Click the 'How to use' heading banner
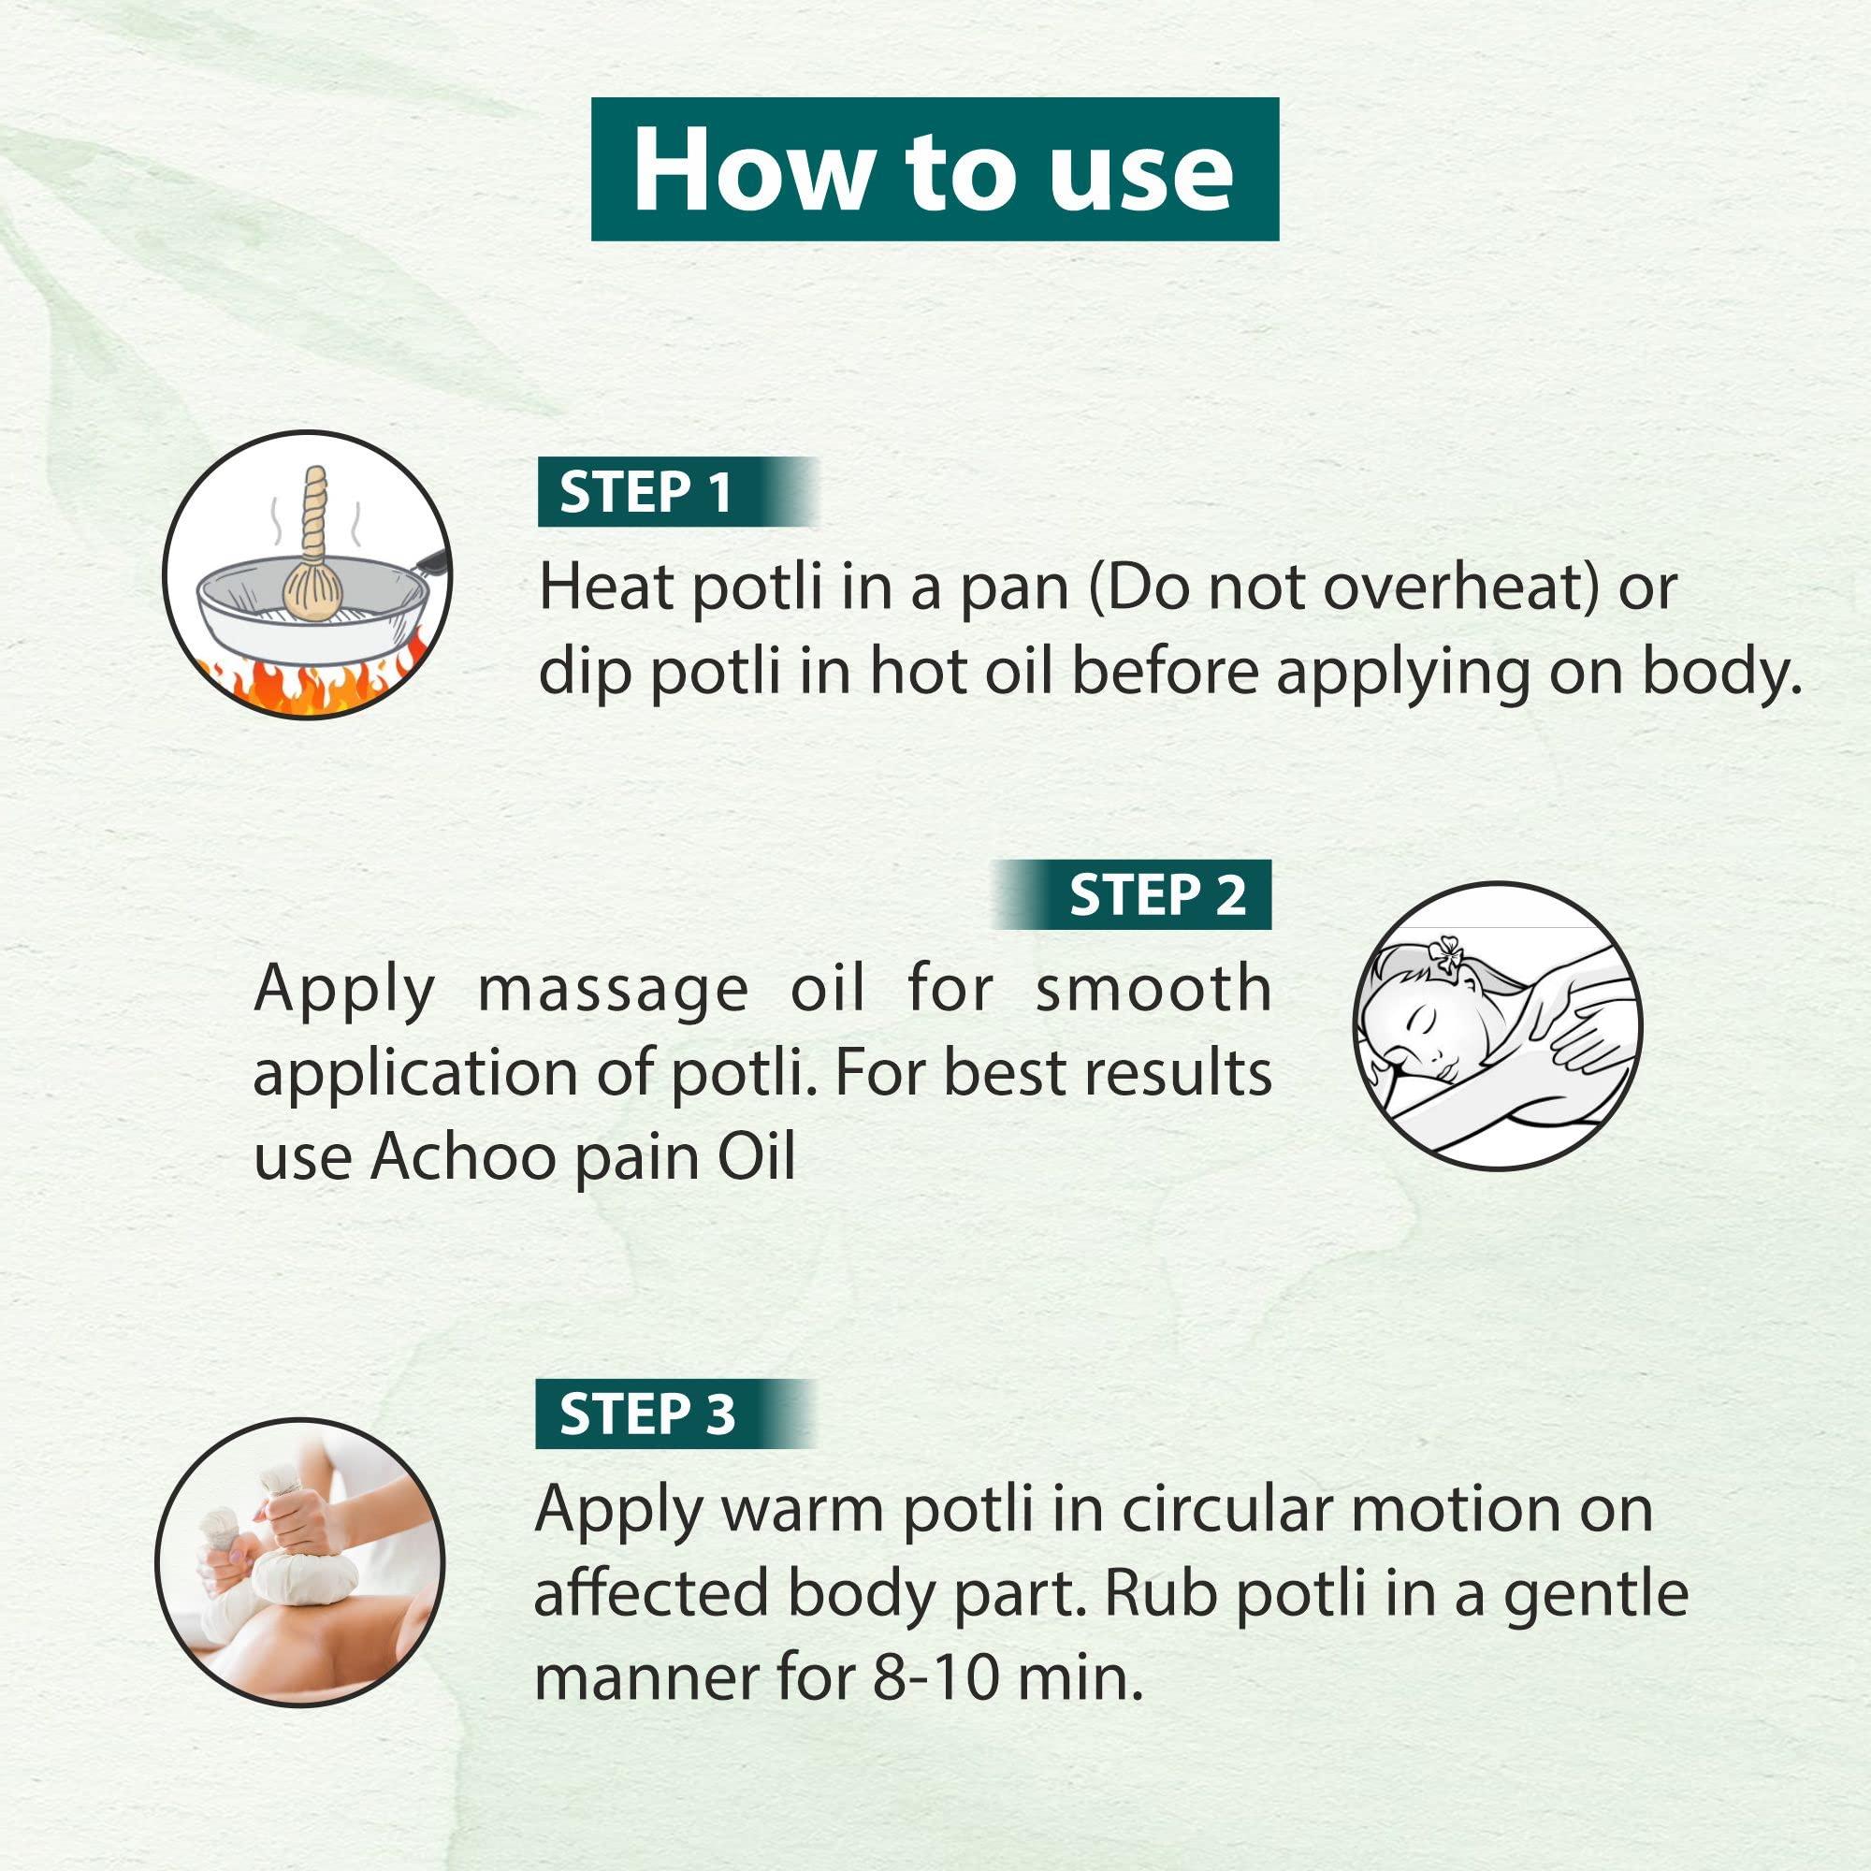(935, 169)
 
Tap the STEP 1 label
(645, 492)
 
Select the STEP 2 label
(1156, 895)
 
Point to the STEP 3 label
(647, 1414)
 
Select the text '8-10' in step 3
(935, 1677)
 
